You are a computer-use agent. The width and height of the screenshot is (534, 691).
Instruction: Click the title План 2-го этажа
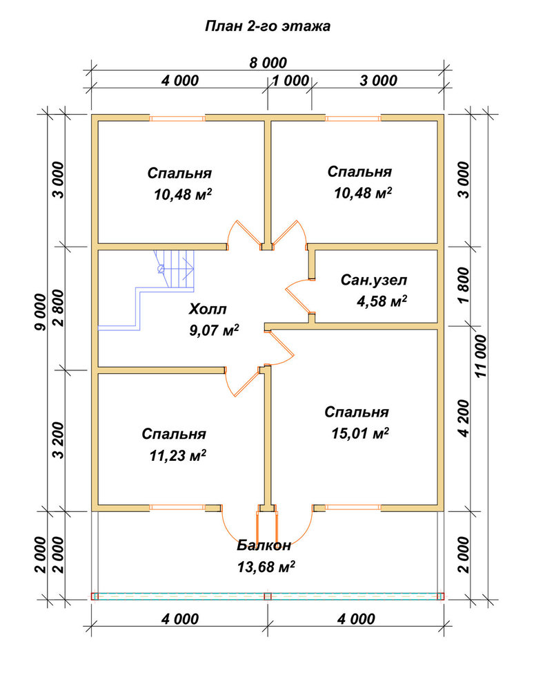click(268, 26)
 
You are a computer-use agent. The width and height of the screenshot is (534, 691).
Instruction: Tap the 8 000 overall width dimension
click(268, 63)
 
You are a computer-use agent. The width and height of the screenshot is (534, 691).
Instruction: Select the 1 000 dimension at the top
click(290, 81)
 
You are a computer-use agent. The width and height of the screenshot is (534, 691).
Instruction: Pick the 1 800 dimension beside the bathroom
click(463, 285)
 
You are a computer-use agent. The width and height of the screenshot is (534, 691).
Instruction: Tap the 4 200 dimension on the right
click(463, 418)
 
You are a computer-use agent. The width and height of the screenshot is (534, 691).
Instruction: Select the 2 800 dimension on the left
click(58, 307)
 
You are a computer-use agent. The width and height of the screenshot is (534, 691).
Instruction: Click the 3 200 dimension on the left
click(58, 440)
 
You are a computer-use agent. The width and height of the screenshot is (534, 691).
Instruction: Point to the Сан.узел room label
click(374, 280)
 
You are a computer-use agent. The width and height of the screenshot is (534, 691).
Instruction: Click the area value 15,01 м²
click(360, 433)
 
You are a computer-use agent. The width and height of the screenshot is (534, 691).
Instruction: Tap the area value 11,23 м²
click(178, 455)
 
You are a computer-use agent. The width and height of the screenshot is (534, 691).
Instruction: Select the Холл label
click(208, 309)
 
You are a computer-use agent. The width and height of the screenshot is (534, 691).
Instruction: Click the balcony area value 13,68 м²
click(266, 567)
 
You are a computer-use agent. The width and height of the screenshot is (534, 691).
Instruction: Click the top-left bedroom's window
click(177, 118)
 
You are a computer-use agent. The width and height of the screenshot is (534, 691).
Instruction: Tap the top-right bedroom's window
click(353, 118)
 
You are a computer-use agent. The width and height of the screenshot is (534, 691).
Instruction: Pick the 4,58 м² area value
click(382, 301)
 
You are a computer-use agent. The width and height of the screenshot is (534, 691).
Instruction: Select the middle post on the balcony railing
click(268, 596)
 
